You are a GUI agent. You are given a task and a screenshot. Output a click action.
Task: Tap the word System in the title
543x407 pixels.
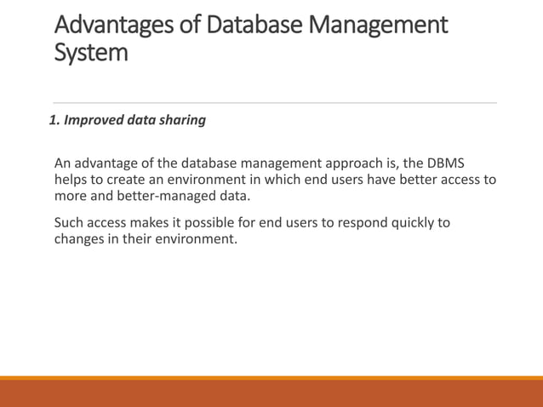pos(91,53)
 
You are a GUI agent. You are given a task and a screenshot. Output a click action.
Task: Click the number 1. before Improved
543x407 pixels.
pos(54,120)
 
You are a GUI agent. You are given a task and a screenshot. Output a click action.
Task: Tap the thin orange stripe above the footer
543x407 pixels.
pos(271,378)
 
